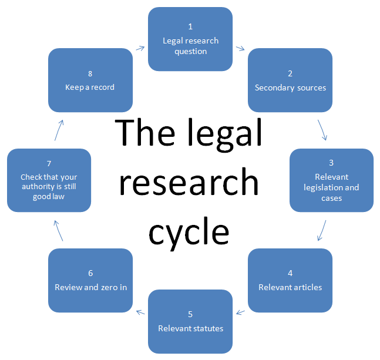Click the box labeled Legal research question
click(x=190, y=39)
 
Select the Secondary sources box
click(x=290, y=80)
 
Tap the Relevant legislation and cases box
click(x=331, y=180)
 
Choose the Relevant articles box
click(x=290, y=280)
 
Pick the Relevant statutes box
click(x=190, y=321)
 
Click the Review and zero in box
click(x=90, y=280)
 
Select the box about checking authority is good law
click(x=49, y=180)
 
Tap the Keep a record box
click(x=90, y=80)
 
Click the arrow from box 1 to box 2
click(x=240, y=48)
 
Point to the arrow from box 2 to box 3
click(x=322, y=130)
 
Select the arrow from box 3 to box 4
click(x=322, y=230)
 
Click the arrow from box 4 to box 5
click(x=240, y=312)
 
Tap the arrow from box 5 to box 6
click(x=140, y=312)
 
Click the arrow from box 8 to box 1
click(x=140, y=48)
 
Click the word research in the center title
click(x=189, y=183)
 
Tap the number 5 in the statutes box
click(x=190, y=314)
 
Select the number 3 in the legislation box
click(x=331, y=162)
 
